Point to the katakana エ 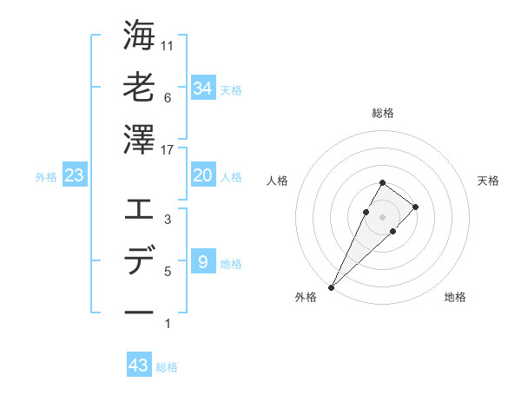point(139,209)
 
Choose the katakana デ point(139,261)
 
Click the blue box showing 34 point(202,88)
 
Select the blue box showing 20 point(202,175)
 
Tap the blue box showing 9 point(202,262)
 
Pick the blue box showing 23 point(75,175)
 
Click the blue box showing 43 point(139,365)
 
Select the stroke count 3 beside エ point(168,220)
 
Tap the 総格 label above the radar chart point(382,113)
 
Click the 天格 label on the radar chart point(488,181)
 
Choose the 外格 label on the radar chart point(306,298)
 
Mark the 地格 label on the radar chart point(455,298)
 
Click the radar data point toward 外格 point(332,286)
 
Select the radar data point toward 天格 point(416,207)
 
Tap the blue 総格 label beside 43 point(167,367)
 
